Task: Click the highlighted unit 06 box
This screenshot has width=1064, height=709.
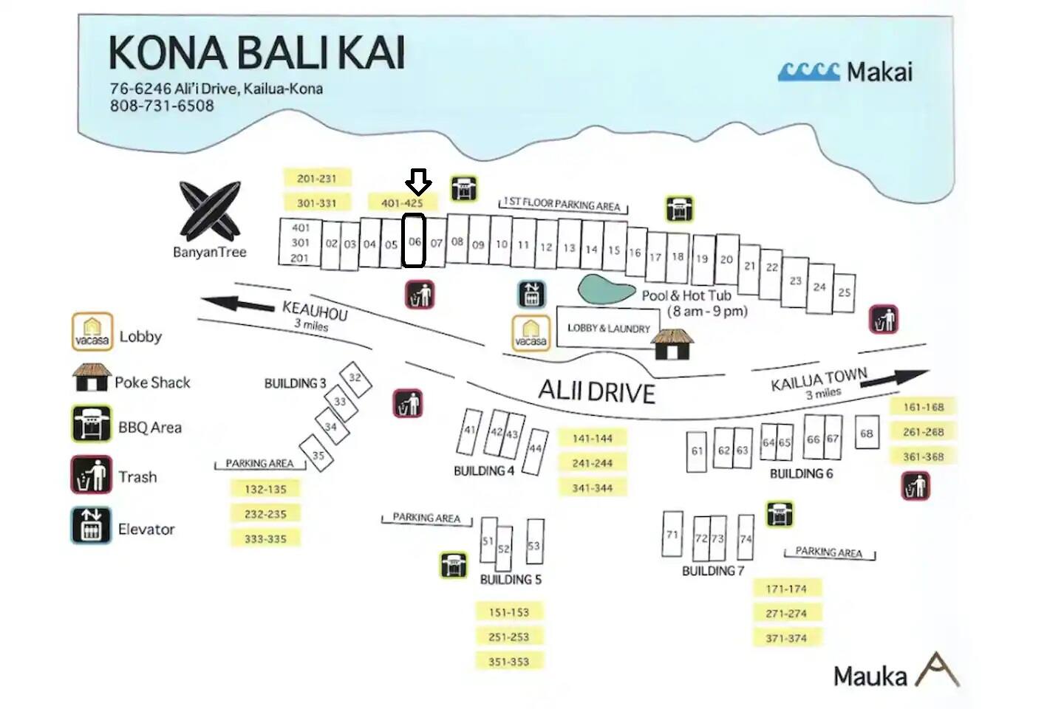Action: tap(414, 241)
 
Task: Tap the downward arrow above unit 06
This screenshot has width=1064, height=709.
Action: tap(418, 181)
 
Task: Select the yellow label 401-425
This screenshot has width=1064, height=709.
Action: tap(403, 202)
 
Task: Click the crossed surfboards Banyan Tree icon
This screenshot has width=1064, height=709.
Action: tap(210, 209)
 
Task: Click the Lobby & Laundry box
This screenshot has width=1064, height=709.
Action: tap(607, 328)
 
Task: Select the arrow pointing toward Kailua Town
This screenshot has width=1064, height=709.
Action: tap(898, 377)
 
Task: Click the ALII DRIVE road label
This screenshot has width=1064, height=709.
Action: tap(596, 391)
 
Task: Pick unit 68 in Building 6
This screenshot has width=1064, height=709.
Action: tap(866, 434)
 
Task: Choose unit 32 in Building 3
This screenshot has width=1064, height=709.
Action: tap(355, 378)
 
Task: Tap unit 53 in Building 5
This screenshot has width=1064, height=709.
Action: tap(534, 546)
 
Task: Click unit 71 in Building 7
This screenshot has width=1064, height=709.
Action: tap(672, 534)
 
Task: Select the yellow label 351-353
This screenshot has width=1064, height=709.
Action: tap(508, 661)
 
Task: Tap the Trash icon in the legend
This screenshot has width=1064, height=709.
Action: tap(91, 476)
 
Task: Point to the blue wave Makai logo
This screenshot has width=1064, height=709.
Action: tap(809, 72)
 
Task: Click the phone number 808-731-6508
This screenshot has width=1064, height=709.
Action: tap(162, 106)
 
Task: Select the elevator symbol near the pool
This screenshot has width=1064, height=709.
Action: tap(531, 294)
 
